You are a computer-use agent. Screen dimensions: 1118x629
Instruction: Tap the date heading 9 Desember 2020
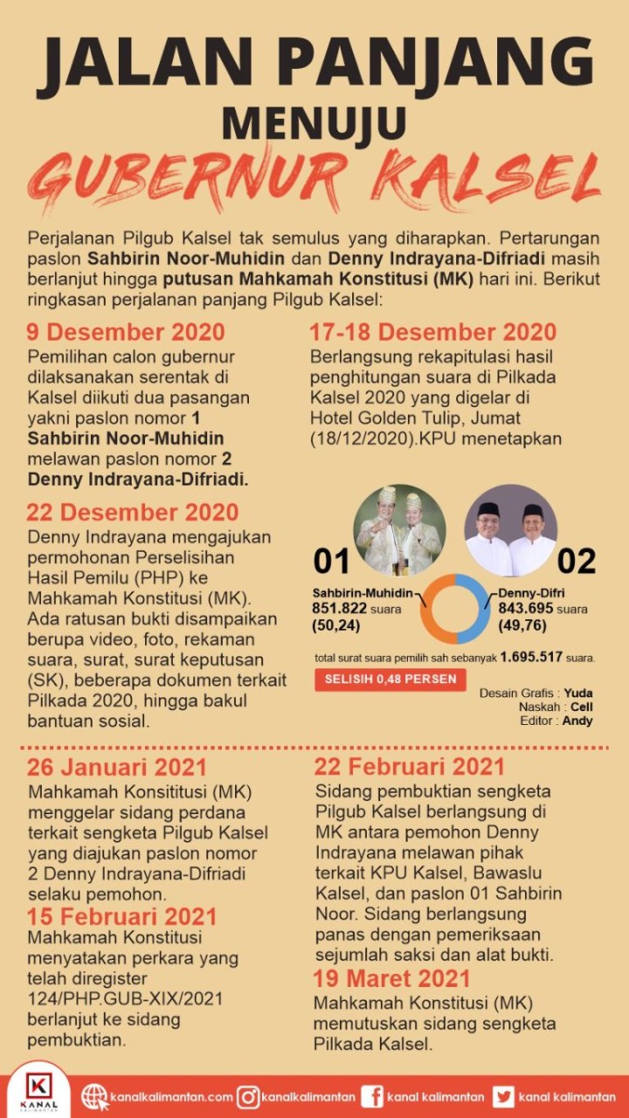pos(126,333)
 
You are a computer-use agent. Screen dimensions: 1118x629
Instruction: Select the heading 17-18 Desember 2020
pos(433,333)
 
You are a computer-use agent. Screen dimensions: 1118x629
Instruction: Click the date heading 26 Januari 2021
pos(117,768)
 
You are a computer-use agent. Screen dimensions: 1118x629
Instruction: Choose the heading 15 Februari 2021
pos(121,917)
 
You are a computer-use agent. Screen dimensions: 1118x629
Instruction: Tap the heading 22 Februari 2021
pos(410,767)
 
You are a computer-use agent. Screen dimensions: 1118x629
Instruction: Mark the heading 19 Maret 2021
pos(392,978)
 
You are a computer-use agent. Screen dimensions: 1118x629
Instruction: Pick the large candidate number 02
pos(577,561)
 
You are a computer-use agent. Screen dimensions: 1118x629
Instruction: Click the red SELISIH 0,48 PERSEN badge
pos(391,680)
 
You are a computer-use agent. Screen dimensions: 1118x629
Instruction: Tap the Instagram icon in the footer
pos(248,1097)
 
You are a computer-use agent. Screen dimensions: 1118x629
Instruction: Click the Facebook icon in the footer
pos(372,1097)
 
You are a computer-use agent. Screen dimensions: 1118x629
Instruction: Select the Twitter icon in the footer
pos(503,1097)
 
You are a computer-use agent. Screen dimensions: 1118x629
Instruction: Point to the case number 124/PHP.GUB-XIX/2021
pos(125,997)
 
